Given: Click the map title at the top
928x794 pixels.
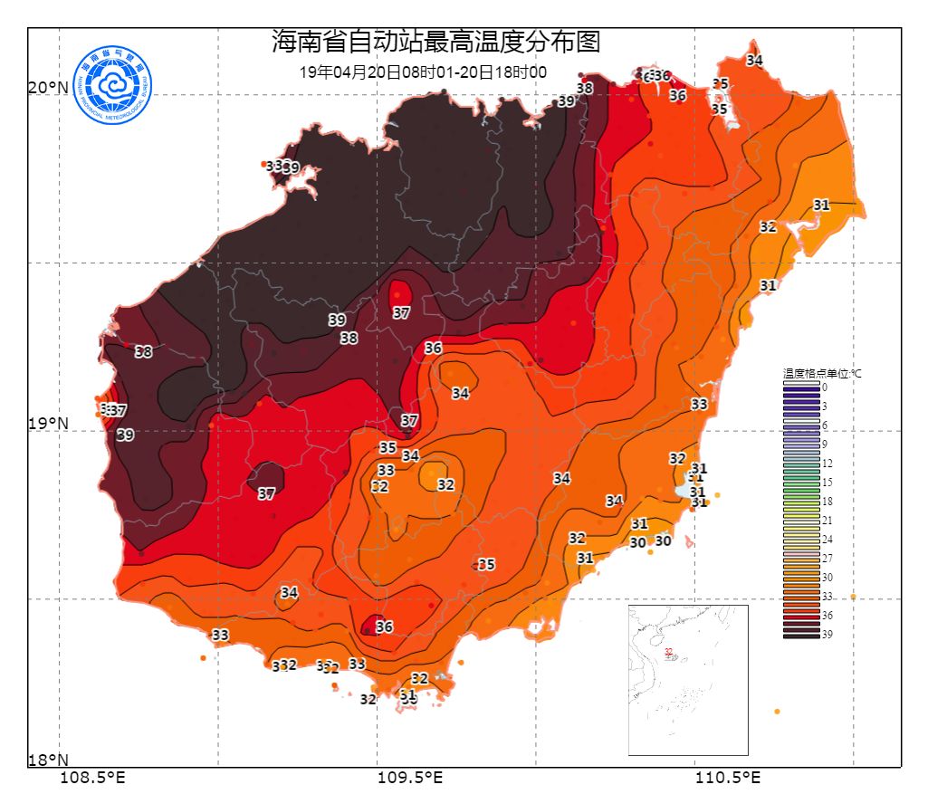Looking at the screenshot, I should (435, 42).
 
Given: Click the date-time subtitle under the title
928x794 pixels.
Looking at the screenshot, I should (423, 72).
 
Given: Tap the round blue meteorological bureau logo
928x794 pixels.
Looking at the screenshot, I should (114, 85).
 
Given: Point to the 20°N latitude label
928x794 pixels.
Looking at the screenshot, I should (48, 88).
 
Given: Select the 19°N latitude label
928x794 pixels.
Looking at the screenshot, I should (48, 424).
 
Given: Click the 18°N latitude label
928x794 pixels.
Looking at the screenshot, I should (48, 760).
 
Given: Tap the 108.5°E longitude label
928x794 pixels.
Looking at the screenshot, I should (92, 777).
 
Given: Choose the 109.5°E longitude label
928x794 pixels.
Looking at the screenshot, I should (410, 777).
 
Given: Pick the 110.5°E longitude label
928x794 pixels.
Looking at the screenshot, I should (727, 777).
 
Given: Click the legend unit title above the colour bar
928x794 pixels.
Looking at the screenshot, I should (823, 372).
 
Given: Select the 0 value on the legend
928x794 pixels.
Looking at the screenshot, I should (824, 387).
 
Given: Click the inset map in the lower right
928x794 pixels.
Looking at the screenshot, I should (688, 679).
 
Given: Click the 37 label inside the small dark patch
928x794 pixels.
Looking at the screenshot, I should (266, 494).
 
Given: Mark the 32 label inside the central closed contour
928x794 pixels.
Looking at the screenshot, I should (445, 485).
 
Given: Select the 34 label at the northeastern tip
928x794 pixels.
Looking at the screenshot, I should (754, 61).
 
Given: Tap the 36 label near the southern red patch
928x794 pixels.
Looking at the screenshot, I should (385, 627).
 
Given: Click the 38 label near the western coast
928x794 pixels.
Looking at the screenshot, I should (143, 352).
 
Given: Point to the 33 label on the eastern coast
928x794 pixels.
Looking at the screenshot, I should (699, 404).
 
